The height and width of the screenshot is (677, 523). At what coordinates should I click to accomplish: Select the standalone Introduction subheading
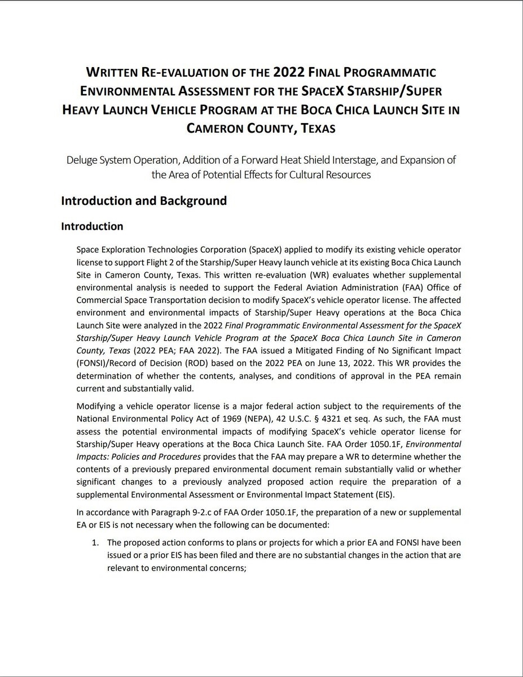tap(92, 226)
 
